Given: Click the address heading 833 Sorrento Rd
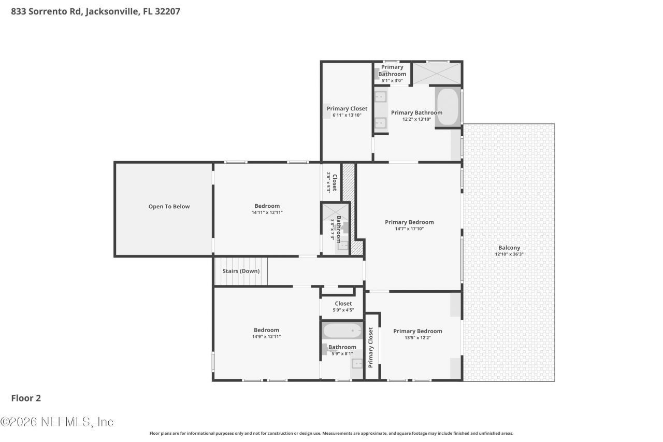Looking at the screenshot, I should tap(95, 11).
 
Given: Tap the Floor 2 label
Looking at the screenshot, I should tap(26, 398).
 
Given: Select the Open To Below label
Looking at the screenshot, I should tap(169, 206).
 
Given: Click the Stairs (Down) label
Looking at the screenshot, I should tap(241, 271).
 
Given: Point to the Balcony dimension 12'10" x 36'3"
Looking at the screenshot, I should tap(509, 254).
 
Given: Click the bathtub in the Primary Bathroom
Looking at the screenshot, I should tap(447, 107).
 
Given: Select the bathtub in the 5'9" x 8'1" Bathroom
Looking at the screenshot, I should tap(342, 330).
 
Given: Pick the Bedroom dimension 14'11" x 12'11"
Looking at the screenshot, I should tap(267, 212).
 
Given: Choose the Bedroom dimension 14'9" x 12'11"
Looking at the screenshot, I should tap(266, 336).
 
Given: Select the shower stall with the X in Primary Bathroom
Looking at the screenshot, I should tap(436, 73).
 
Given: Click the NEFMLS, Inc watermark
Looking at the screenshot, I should tap(57, 422).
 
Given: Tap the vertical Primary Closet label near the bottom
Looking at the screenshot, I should tap(371, 347).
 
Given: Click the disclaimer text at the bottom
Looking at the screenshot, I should tap(331, 433).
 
